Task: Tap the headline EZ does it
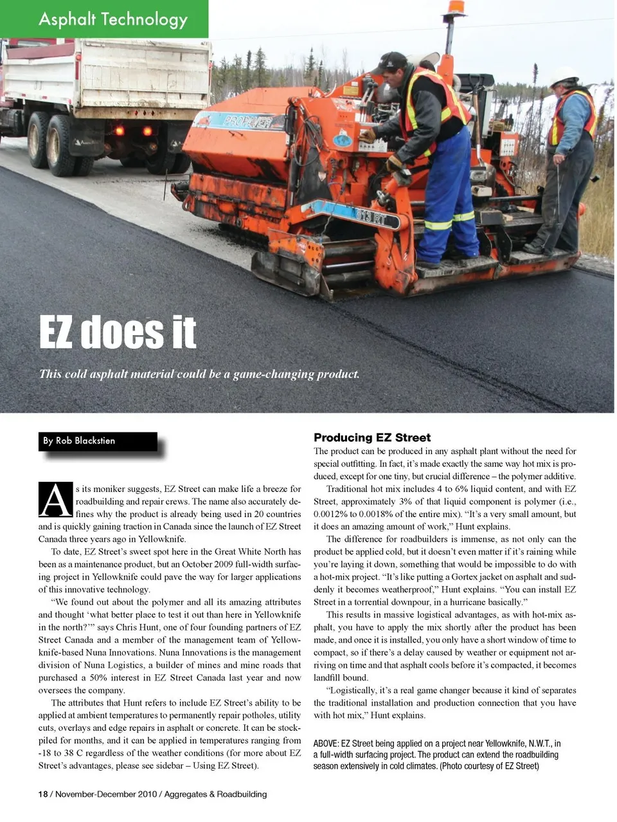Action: (118, 332)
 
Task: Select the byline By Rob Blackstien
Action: (79, 441)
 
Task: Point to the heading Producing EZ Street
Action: (372, 437)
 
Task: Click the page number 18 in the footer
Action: (43, 794)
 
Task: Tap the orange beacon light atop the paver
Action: (456, 7)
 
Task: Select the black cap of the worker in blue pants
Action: (391, 62)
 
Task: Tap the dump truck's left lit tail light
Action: (118, 131)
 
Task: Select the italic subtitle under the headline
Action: (199, 374)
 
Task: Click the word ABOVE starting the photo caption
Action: (326, 744)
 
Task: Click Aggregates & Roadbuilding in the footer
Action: (215, 794)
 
